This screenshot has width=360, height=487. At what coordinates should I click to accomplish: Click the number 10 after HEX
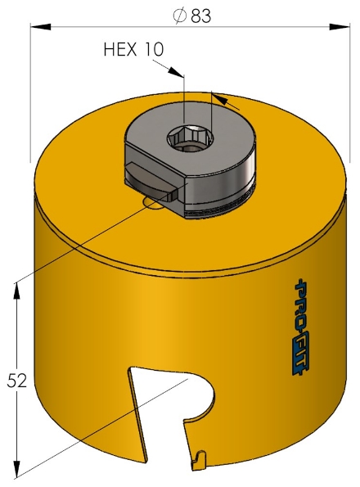153,49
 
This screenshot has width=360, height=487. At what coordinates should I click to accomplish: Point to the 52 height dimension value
16,380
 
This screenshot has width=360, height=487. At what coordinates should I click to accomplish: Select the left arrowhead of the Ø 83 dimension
38,27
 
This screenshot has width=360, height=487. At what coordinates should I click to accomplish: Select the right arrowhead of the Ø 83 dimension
343,27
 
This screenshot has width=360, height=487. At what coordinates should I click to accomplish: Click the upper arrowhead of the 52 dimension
16,287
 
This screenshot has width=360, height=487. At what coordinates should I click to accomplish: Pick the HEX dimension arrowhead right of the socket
218,98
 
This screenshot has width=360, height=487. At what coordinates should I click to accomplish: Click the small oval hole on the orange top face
152,201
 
